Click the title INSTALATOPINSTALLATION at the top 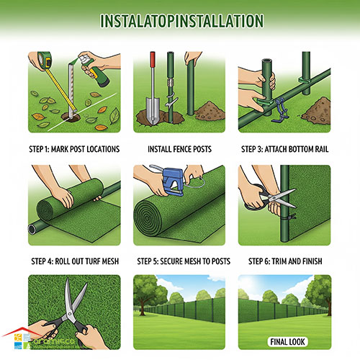[181, 21]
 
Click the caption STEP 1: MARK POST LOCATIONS [74, 149]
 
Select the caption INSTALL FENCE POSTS [179, 149]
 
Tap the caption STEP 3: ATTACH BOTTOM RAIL [284, 149]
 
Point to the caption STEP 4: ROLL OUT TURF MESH [75, 261]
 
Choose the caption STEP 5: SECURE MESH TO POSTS [184, 261]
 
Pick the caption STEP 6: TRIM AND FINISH [285, 261]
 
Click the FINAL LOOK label [287, 342]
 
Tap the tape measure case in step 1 [45, 60]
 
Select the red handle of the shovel [153, 59]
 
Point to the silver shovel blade [153, 110]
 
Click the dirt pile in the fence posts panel [210, 111]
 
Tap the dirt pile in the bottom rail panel [316, 110]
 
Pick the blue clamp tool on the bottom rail [281, 110]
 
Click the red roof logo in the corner [22, 332]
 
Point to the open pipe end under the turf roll [32, 229]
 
